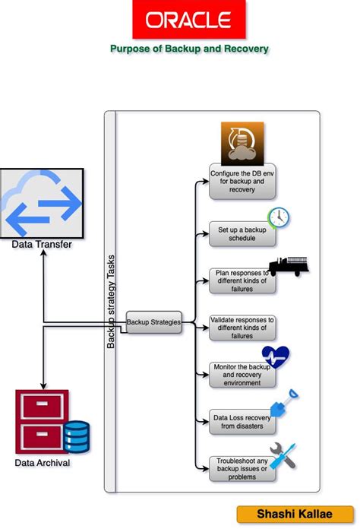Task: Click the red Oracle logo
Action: (189, 20)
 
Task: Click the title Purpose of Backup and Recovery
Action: (189, 49)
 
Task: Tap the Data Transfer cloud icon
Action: (42, 204)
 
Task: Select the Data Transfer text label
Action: (42, 245)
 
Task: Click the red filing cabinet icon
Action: (42, 422)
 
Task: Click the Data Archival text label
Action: (42, 462)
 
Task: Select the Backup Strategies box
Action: (153, 322)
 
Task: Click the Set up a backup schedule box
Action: (242, 233)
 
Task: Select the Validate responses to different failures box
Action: (242, 328)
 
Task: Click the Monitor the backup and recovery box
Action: (242, 375)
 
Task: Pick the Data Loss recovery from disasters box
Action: (242, 421)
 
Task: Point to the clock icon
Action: (279, 217)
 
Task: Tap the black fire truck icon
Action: (288, 267)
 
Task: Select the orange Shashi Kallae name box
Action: (293, 515)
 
